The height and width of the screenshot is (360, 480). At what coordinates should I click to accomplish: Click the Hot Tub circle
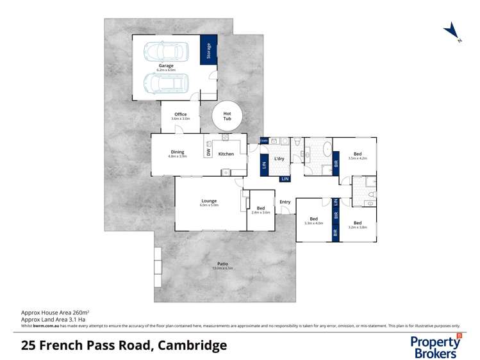[x=227, y=116]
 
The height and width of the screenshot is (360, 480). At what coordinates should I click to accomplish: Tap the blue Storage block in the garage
[x=208, y=49]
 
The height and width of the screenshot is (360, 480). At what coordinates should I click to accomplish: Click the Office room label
[x=180, y=115]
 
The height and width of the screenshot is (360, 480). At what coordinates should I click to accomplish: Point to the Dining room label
[x=177, y=152]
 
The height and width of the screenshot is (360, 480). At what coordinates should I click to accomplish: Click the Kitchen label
[x=226, y=154]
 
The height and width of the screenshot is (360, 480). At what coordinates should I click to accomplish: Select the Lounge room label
[x=208, y=201]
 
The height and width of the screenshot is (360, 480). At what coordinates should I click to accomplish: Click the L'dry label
[x=279, y=158]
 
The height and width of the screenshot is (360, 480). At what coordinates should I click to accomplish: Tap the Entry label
[x=285, y=202]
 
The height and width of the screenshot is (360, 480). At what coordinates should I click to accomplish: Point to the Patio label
[x=222, y=264]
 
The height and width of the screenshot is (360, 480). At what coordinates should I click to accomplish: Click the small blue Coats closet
[x=264, y=140]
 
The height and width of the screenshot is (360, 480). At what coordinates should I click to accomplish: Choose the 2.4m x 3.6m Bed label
[x=261, y=209]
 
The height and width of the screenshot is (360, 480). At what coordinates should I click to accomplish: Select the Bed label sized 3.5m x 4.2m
[x=357, y=154]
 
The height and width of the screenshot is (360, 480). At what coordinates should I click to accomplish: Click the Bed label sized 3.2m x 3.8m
[x=357, y=224]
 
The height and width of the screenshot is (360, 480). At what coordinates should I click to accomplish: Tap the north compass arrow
[x=452, y=30]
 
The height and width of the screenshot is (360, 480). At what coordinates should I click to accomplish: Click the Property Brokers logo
[x=436, y=345]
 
